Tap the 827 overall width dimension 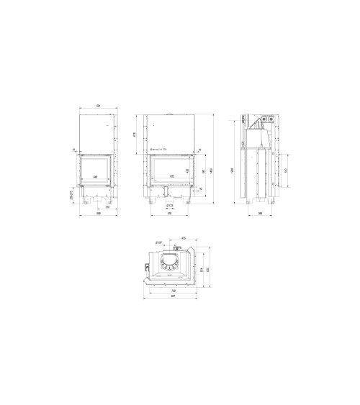coord(170,296)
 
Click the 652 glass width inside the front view coord(171,175)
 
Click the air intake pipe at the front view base coord(167,192)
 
